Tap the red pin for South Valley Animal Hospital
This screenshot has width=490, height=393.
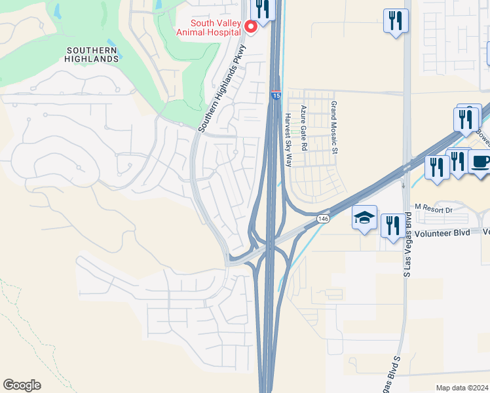click(250, 27)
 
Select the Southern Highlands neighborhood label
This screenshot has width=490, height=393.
click(93, 54)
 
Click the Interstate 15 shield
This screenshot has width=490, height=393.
click(276, 96)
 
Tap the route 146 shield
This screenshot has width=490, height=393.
click(322, 219)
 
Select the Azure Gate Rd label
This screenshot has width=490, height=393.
click(303, 128)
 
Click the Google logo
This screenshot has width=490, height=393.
click(22, 385)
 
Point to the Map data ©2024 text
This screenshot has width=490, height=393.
click(462, 388)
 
